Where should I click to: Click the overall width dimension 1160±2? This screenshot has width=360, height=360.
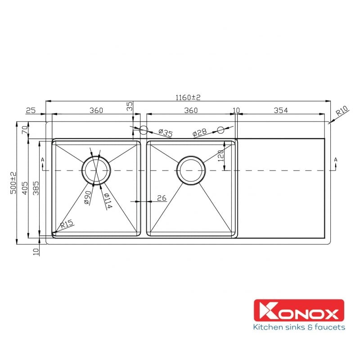pyautogui.click(x=188, y=97)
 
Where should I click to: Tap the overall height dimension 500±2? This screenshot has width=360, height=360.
pyautogui.click(x=13, y=183)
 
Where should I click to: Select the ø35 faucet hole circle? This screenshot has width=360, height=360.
pyautogui.click(x=144, y=130)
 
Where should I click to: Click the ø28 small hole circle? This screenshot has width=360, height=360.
pyautogui.click(x=220, y=130)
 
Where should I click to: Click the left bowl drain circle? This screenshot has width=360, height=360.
pyautogui.click(x=95, y=170)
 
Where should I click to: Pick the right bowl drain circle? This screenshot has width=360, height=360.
pyautogui.click(x=191, y=170)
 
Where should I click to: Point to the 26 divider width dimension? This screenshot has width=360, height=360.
pyautogui.click(x=162, y=198)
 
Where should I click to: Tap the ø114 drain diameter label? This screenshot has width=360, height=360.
pyautogui.click(x=108, y=201)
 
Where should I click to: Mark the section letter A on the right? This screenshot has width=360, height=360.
pyautogui.click(x=336, y=160)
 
